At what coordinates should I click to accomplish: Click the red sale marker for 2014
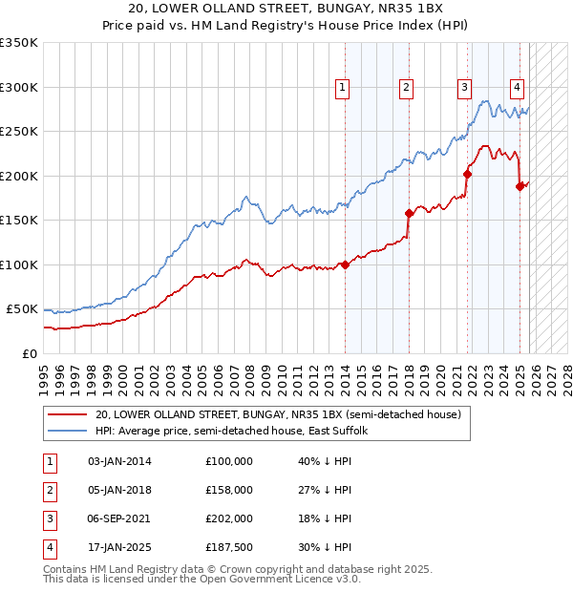point(344,265)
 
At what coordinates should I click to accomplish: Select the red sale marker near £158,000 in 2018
point(409,213)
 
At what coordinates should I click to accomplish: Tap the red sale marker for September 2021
point(468,174)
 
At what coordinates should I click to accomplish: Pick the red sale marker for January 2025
point(520,186)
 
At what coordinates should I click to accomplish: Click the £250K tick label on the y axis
point(19,132)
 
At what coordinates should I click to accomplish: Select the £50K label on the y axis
point(22,309)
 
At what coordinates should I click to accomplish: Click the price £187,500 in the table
point(229,547)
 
